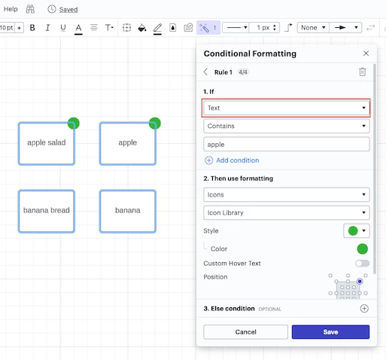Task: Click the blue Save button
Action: tap(330, 332)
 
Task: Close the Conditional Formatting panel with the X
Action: tap(366, 53)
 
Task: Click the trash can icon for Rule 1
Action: tap(363, 72)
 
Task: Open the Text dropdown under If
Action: tap(286, 108)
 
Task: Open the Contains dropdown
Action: tap(286, 126)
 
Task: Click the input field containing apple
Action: tap(286, 145)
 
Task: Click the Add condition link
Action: tap(232, 160)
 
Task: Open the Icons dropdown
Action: tap(286, 194)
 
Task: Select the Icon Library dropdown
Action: tap(286, 212)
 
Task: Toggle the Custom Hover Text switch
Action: tap(362, 263)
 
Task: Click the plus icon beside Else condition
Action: tap(364, 308)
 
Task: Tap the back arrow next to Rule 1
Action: tap(205, 72)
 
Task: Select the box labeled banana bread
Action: tap(47, 212)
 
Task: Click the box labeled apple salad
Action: tap(47, 144)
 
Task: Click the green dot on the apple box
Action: tap(155, 124)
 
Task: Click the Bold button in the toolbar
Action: tap(32, 27)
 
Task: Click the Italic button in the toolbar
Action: tap(47, 27)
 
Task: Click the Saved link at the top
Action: tap(68, 10)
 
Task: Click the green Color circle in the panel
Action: tap(362, 249)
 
